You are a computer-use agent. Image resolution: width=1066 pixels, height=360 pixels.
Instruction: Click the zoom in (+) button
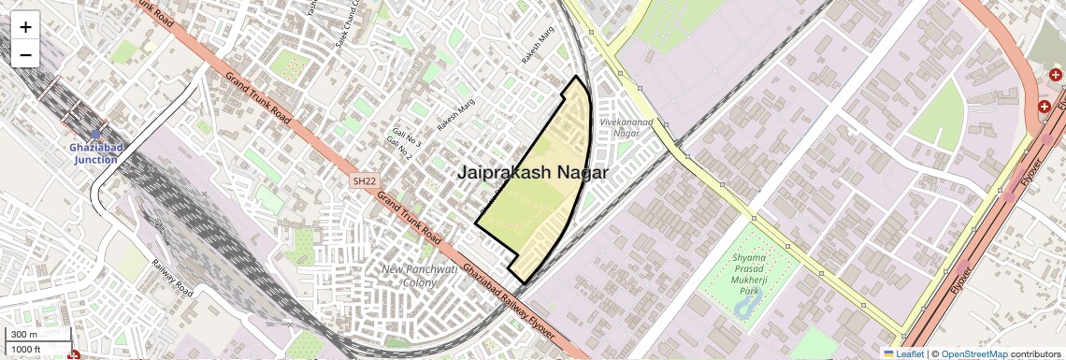[x=25, y=27]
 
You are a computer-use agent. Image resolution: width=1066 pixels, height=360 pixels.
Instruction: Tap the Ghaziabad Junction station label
[x=95, y=153]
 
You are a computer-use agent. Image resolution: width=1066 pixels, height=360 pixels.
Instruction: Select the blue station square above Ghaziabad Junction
[x=95, y=134]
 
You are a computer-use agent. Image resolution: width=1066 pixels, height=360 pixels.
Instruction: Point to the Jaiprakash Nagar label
[x=533, y=172]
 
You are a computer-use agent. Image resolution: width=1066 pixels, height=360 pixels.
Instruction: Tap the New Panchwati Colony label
[x=418, y=276]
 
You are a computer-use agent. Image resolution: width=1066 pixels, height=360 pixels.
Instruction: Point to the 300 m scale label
[x=25, y=335]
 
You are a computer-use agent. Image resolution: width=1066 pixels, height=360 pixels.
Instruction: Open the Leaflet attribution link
[x=904, y=354]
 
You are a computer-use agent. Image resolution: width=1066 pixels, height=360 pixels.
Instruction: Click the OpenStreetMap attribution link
[x=973, y=354]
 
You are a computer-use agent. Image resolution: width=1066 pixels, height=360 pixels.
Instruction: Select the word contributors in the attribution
[x=1037, y=354]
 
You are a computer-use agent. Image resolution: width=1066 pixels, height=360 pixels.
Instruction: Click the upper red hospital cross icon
[x=1055, y=74]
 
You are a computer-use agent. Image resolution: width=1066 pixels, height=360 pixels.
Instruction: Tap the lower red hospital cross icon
[x=1044, y=107]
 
